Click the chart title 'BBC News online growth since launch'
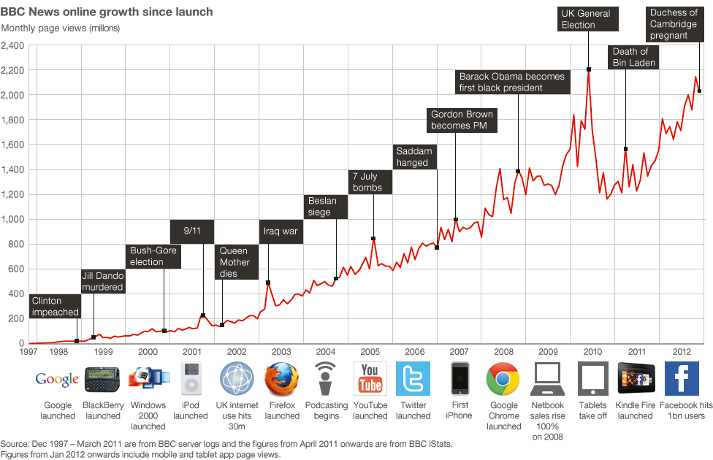(x=107, y=12)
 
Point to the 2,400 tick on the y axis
(x=13, y=45)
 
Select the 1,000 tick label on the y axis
(x=13, y=219)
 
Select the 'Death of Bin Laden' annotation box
(x=634, y=57)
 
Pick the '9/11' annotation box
(x=193, y=231)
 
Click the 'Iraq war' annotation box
(x=281, y=231)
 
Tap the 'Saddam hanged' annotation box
(x=414, y=157)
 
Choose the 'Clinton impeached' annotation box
(x=55, y=307)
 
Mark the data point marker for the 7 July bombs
(x=373, y=239)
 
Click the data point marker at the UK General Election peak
(x=589, y=69)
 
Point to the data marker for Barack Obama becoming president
(x=518, y=172)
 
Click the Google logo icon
(x=57, y=379)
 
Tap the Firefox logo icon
(x=281, y=379)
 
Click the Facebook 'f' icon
(x=681, y=379)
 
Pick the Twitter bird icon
(x=413, y=379)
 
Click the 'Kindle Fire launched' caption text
(x=635, y=410)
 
